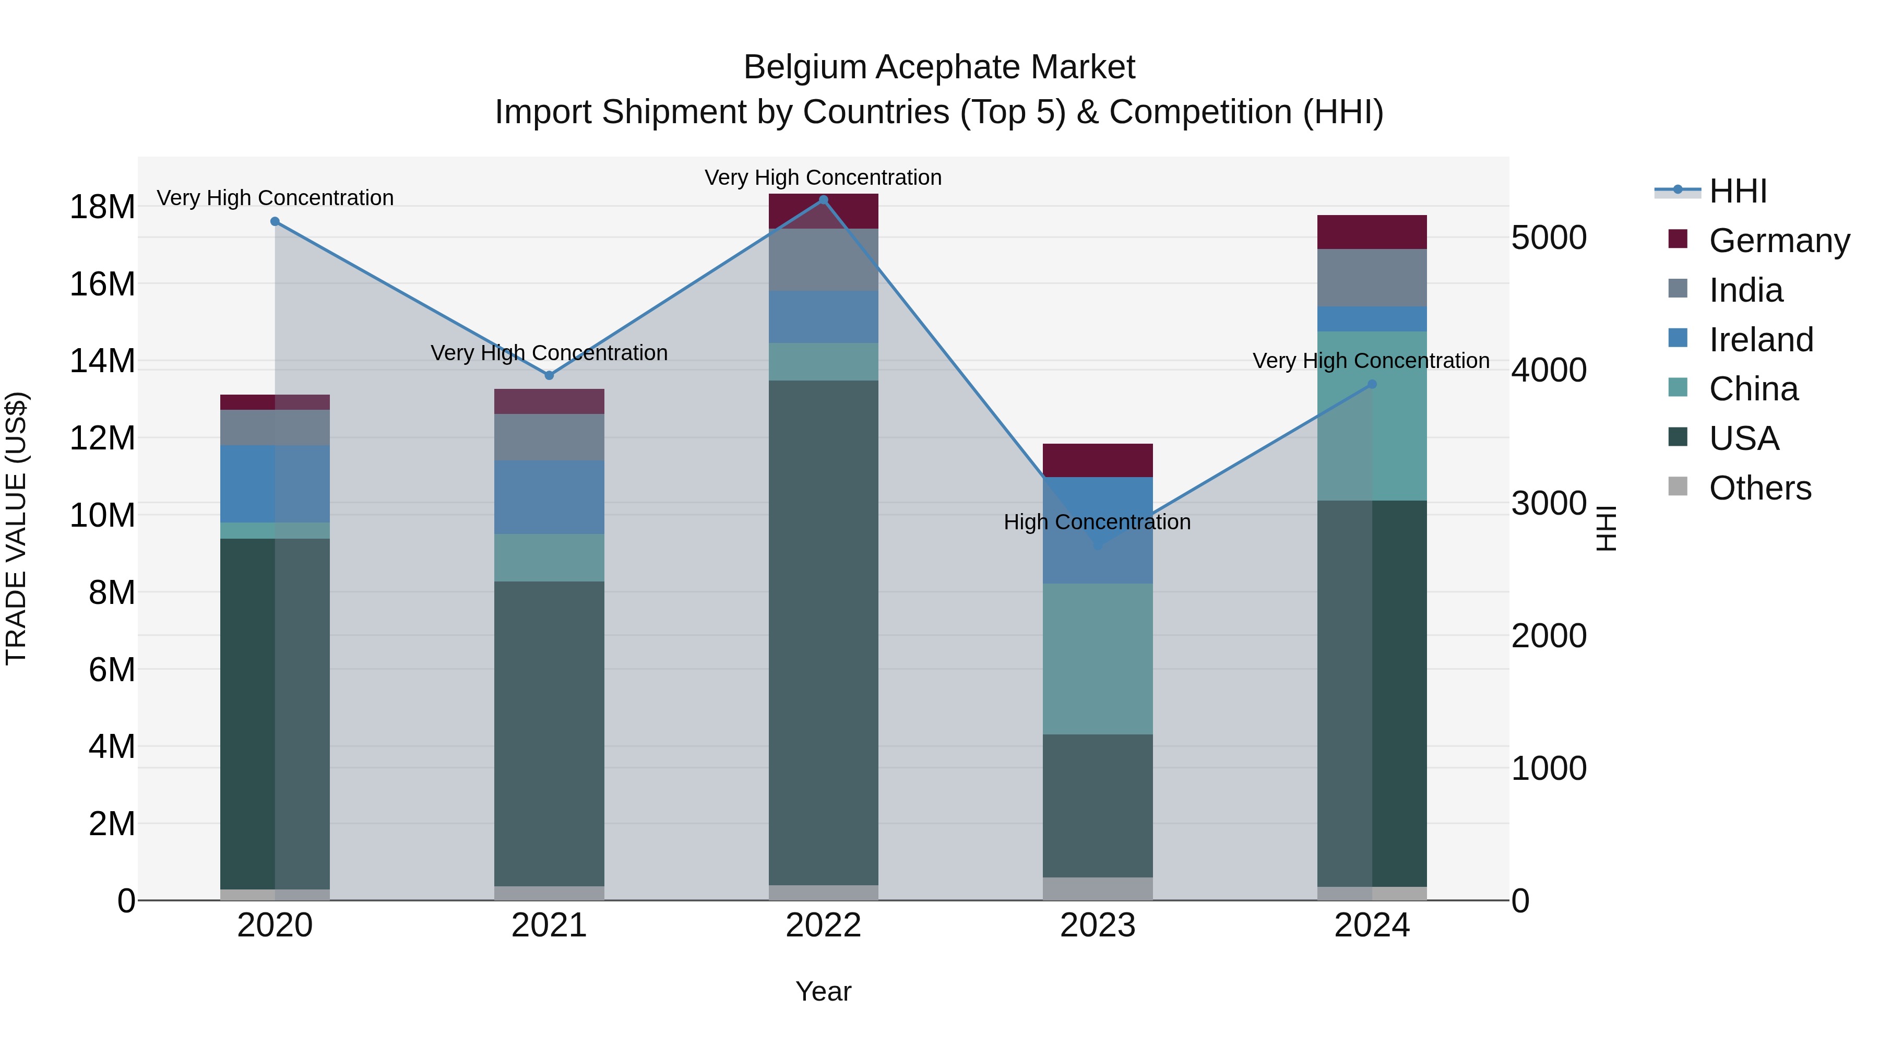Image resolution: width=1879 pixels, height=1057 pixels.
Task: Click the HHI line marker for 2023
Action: click(1098, 544)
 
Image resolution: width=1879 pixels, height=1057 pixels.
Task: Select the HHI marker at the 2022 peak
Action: click(824, 200)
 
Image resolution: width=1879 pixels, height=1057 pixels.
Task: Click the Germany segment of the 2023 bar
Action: click(1098, 460)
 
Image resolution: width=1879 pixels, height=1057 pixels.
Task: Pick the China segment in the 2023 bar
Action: click(1098, 659)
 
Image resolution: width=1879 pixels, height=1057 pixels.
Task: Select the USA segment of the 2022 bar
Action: click(824, 633)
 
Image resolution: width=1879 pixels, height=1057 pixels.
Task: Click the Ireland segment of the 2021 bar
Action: click(549, 497)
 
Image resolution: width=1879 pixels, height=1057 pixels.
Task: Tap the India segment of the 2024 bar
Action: click(1372, 278)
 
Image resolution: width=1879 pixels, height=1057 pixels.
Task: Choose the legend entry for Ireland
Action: click(1760, 340)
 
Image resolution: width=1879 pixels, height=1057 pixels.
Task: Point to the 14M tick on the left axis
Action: click(102, 361)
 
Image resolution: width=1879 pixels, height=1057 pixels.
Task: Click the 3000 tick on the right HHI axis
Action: click(1548, 503)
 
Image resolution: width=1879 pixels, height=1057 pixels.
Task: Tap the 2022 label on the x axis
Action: click(824, 925)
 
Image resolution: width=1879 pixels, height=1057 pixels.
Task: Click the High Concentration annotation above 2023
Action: click(1097, 522)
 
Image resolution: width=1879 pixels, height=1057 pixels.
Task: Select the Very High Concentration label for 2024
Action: click(1371, 361)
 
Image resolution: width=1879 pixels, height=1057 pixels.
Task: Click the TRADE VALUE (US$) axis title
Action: click(16, 528)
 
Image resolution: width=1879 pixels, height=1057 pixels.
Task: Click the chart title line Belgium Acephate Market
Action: click(939, 67)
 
